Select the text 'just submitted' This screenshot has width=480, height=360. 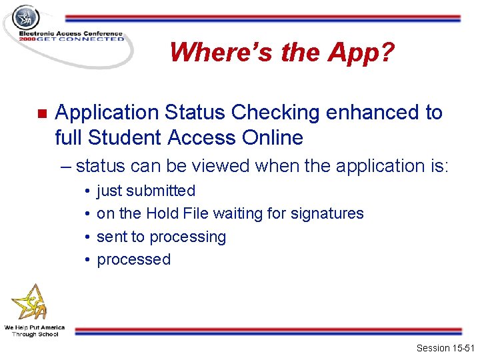pos(146,191)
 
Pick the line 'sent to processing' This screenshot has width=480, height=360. pos(161,237)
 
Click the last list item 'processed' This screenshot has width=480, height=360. pos(133,259)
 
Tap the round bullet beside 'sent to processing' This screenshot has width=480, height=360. pos(88,237)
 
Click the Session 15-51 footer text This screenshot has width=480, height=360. pos(444,348)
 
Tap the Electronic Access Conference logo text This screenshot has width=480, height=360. pos(71,35)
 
